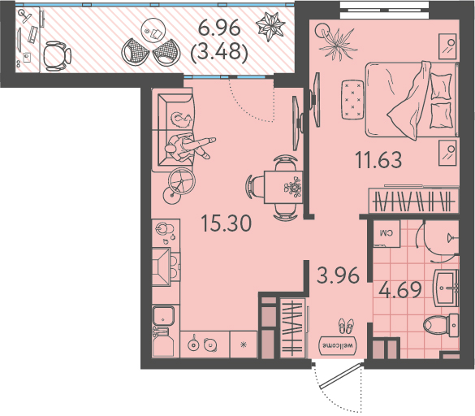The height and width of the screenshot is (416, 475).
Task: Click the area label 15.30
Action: pyautogui.click(x=227, y=223)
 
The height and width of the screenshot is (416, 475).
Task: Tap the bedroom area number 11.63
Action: pyautogui.click(x=378, y=160)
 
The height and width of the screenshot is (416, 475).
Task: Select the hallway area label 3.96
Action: pyautogui.click(x=338, y=275)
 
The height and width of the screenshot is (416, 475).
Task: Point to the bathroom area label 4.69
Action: pyautogui.click(x=400, y=290)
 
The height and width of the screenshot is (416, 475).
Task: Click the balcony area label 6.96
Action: pyautogui.click(x=219, y=28)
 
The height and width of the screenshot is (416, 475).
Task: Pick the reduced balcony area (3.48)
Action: pyautogui.click(x=219, y=52)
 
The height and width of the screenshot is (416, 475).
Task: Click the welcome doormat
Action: pyautogui.click(x=338, y=345)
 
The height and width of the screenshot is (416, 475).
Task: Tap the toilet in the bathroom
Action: pyautogui.click(x=441, y=325)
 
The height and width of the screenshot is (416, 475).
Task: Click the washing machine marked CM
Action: pyautogui.click(x=386, y=233)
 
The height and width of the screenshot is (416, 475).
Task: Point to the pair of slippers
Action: pyautogui.click(x=346, y=326)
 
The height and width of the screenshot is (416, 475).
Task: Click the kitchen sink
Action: pyautogui.click(x=163, y=315)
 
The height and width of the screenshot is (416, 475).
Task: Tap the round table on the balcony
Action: pyautogui.click(x=153, y=31)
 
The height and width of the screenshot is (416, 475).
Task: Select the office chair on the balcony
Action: pyautogui.click(x=57, y=56)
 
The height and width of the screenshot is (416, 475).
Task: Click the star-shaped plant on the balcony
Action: pyautogui.click(x=270, y=26)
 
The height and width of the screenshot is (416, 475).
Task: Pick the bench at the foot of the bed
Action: pyautogui.click(x=352, y=100)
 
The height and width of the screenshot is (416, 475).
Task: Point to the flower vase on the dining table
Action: pyautogui.click(x=293, y=187)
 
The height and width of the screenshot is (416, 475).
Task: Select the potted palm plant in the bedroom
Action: pyautogui.click(x=337, y=42)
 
